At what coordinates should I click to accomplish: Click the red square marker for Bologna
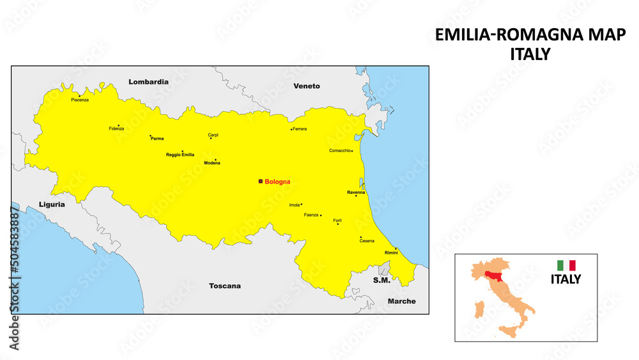click(x=260, y=182)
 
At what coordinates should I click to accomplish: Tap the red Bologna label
click(x=277, y=182)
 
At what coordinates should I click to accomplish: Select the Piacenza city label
click(x=80, y=100)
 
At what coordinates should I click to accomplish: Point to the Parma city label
click(x=157, y=139)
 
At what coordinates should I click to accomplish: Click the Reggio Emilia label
click(x=180, y=155)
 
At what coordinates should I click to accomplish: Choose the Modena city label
click(x=212, y=163)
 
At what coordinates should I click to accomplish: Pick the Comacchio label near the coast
click(x=339, y=151)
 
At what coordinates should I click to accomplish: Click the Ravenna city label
click(x=356, y=192)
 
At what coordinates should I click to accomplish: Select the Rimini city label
click(x=391, y=253)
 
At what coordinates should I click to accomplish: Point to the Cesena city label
click(x=367, y=241)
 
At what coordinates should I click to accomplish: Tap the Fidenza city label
click(x=116, y=129)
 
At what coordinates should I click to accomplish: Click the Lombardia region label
click(x=148, y=82)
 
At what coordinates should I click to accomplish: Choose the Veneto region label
click(x=307, y=86)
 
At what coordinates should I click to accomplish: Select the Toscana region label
click(x=225, y=286)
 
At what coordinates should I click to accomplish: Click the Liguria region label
click(x=52, y=205)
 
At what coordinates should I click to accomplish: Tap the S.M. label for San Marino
click(x=381, y=281)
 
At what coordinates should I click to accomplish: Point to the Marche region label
click(x=401, y=301)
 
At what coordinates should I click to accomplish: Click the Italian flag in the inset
click(x=566, y=265)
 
